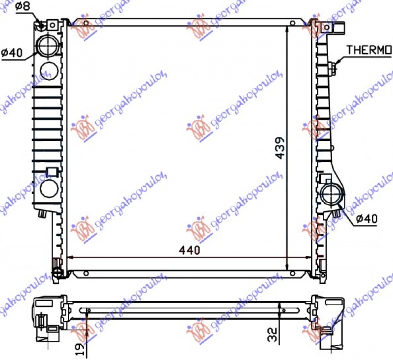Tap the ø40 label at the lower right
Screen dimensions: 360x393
pyautogui.click(x=365, y=219)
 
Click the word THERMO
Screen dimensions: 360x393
pyautogui.click(x=369, y=50)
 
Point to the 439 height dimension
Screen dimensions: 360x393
pyautogui.click(x=280, y=147)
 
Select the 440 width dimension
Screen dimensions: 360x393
pyautogui.click(x=191, y=250)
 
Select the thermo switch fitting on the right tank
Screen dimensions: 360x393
pyautogui.click(x=334, y=67)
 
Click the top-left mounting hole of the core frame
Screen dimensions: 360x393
pyautogui.click(x=85, y=23)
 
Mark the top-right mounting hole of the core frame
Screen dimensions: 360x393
pyautogui.click(x=293, y=23)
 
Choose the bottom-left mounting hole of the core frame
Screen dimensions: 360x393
pyautogui.click(x=85, y=273)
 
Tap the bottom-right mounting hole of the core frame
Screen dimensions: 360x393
pyautogui.click(x=293, y=273)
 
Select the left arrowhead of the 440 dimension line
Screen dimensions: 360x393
pyautogui.click(x=70, y=257)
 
